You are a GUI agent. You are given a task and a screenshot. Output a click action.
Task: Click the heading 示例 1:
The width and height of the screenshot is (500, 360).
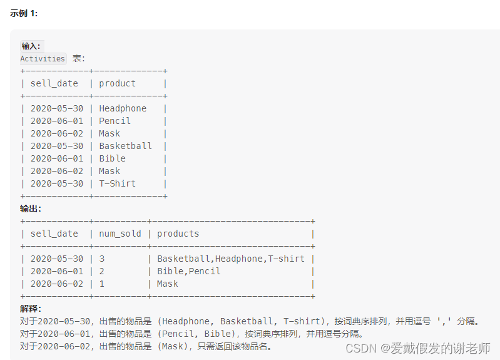(x=24, y=13)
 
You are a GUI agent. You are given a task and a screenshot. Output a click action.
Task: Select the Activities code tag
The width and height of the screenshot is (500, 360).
(x=43, y=58)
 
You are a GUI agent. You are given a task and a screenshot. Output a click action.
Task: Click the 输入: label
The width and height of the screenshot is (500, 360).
(x=31, y=46)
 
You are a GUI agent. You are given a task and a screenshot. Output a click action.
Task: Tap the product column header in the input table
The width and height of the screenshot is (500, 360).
(x=117, y=83)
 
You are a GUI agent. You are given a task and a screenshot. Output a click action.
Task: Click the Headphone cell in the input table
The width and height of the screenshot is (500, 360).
(x=123, y=108)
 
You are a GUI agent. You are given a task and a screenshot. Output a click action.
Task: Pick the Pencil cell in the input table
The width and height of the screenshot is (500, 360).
(x=115, y=121)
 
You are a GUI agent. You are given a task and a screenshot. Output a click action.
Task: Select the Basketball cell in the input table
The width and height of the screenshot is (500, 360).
(x=125, y=146)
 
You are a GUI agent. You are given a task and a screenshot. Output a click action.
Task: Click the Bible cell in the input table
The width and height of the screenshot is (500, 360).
(x=112, y=158)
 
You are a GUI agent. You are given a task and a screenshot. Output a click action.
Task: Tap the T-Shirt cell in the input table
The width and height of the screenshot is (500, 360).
(x=117, y=183)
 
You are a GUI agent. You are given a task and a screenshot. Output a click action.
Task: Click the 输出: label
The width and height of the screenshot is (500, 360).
(x=31, y=208)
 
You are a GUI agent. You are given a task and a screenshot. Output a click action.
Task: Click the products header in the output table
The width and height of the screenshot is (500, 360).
(x=178, y=234)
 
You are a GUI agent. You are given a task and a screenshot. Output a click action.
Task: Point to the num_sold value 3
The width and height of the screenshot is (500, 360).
(x=102, y=259)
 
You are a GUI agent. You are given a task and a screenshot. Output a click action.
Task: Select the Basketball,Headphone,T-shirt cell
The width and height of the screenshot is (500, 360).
(x=230, y=259)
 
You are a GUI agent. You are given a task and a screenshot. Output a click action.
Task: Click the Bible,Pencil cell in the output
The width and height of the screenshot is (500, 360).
(x=188, y=271)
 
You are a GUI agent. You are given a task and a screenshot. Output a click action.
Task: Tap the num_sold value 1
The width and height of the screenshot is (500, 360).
(x=102, y=284)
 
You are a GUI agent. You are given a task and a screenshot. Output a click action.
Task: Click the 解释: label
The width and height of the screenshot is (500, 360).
(x=31, y=309)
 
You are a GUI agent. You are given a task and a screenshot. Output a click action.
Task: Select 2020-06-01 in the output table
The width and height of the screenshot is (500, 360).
(x=57, y=271)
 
